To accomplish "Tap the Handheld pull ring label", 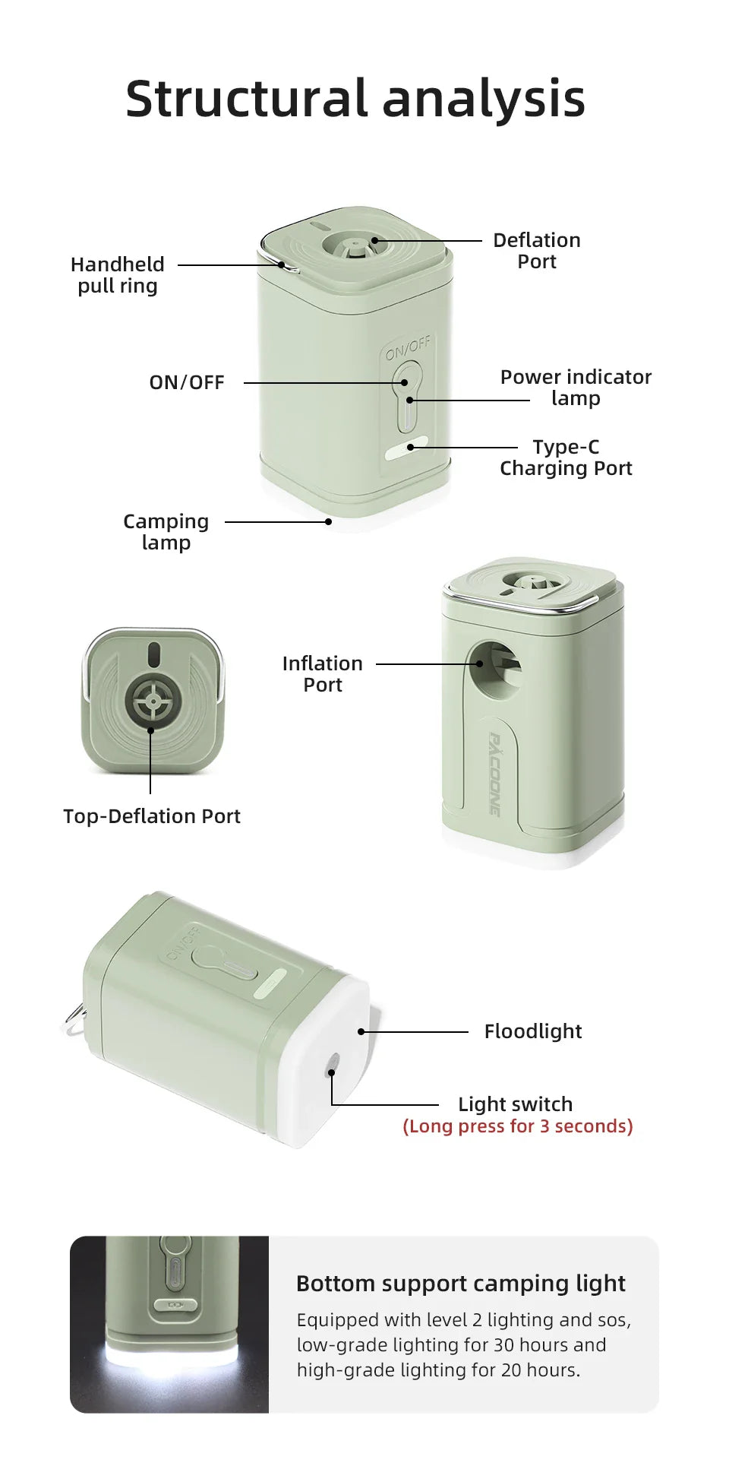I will pyautogui.click(x=118, y=275).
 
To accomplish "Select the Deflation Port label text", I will pyautogui.click(x=536, y=251).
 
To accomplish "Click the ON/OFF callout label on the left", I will pyautogui.click(x=187, y=382).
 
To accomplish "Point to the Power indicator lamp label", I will pyautogui.click(x=576, y=388).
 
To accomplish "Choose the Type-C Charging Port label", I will pyautogui.click(x=566, y=458).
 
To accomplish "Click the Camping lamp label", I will pyautogui.click(x=166, y=532).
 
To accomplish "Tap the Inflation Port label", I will pyautogui.click(x=323, y=674).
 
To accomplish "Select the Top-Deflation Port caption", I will pyautogui.click(x=152, y=816).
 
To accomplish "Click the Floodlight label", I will pyautogui.click(x=533, y=1031).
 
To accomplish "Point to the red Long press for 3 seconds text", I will pyautogui.click(x=518, y=1126).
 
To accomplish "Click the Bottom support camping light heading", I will pyautogui.click(x=461, y=1284).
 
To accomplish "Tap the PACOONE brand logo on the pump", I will pyautogui.click(x=494, y=774).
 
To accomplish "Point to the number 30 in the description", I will pyautogui.click(x=504, y=1345).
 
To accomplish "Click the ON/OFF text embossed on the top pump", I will pyautogui.click(x=408, y=348).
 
